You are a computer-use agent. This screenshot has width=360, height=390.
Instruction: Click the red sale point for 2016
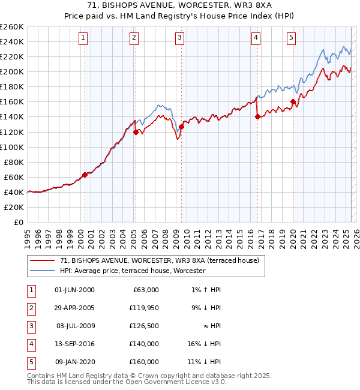click(257, 117)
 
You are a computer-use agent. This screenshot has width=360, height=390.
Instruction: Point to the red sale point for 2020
click(293, 101)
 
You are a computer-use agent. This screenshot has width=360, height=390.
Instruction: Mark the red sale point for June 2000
click(85, 175)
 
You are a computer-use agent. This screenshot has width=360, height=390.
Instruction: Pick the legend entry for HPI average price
click(132, 271)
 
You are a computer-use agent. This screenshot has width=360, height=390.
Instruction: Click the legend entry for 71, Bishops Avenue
click(159, 260)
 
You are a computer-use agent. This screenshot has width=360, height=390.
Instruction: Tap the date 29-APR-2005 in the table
click(74, 308)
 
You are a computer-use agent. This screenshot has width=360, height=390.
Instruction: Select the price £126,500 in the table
click(144, 326)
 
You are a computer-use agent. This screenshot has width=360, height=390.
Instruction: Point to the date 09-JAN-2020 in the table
click(74, 362)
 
